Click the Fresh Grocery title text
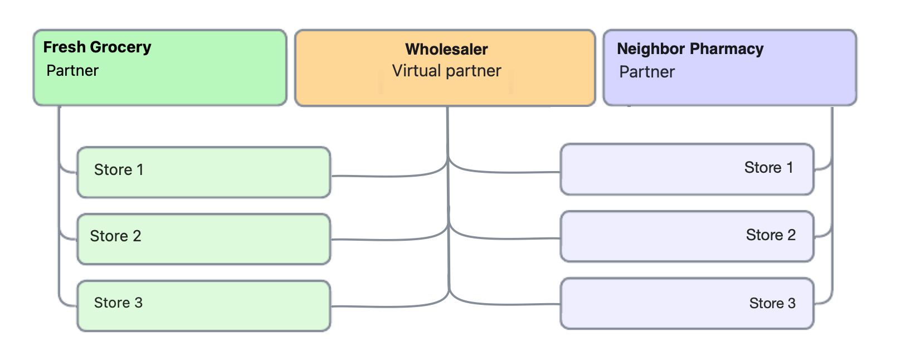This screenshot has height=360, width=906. pos(97,47)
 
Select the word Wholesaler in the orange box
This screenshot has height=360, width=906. pos(446,50)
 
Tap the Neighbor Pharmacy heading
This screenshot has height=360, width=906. pos(690,49)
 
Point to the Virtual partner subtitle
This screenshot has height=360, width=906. pos(446,71)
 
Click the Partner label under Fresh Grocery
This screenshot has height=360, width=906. pos(72,71)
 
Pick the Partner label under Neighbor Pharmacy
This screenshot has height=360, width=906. pos(647,72)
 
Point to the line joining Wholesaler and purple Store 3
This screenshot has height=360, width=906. pos(501,304)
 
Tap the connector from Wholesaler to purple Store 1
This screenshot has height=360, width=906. pos(501,172)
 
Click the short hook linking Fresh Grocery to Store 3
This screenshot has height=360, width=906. pos(66,304)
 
